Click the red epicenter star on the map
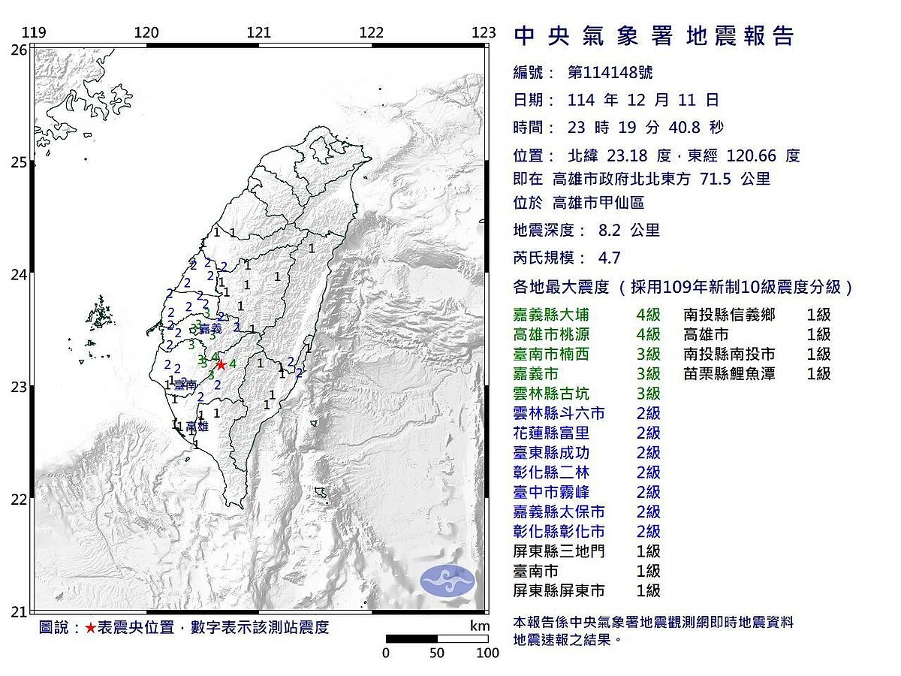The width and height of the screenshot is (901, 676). [x=221, y=364]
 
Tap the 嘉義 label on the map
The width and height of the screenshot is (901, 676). [x=211, y=328]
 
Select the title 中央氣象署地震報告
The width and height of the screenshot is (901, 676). [x=653, y=35]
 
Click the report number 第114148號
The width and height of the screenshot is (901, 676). [x=610, y=72]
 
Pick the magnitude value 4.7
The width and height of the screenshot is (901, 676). [x=609, y=258]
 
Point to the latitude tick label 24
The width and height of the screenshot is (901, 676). [x=18, y=275]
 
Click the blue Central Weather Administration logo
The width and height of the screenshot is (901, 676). [x=447, y=581]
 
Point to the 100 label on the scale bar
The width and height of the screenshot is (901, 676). [x=488, y=653]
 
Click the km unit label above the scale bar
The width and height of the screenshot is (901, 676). [x=479, y=626]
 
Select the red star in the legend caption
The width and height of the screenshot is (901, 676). [x=90, y=628]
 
